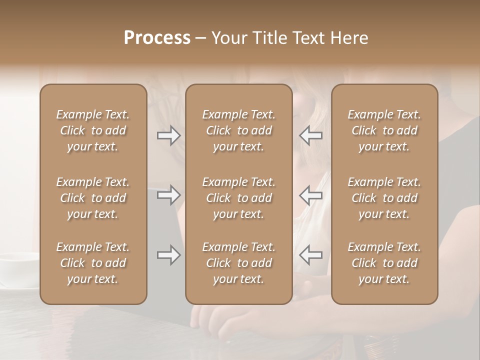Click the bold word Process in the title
click(157, 38)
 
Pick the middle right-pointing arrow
click(168, 195)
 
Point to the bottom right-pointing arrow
click(168, 255)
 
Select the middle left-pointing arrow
click(311, 195)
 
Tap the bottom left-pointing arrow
click(311, 255)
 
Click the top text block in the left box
click(93, 130)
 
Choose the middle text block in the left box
click(93, 198)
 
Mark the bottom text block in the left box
click(93, 263)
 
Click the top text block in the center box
click(238, 130)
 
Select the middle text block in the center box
click(238, 198)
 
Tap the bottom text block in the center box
click(238, 263)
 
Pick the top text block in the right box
click(384, 130)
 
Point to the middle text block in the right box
click(384, 198)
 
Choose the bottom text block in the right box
click(384, 263)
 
